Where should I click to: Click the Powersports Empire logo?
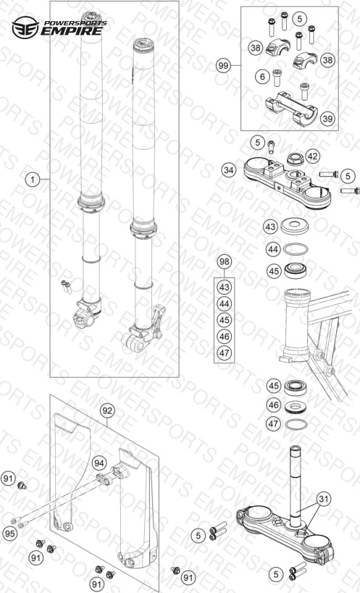pos(59,28)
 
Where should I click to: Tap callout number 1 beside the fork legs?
pos(33,180)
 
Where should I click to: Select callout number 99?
pos(224,66)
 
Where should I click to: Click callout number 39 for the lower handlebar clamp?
pos(327,119)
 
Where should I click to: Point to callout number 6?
pos(262,77)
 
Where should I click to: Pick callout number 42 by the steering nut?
pos(313,156)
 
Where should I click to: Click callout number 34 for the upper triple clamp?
pos(228,171)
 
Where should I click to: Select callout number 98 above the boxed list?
pos(225,262)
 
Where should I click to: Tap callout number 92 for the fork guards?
pos(107,411)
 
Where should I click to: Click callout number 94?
pos(99,463)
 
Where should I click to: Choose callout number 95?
pos(10,534)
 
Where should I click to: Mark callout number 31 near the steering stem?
pos(324,499)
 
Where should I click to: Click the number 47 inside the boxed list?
pos(225,353)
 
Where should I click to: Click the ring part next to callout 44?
pos(296,249)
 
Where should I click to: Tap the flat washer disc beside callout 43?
pos(295,226)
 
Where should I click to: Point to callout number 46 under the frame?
pos(274,405)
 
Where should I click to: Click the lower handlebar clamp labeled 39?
pos(290,109)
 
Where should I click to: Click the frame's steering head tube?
pos(298,324)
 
